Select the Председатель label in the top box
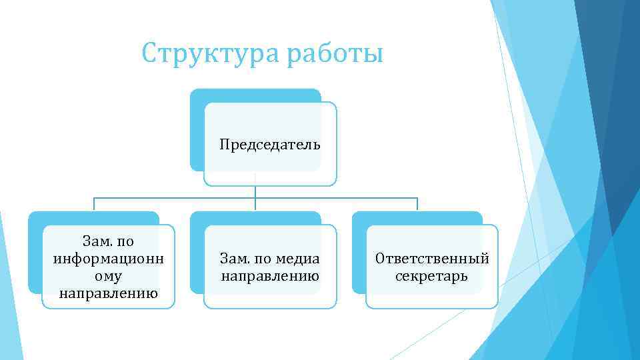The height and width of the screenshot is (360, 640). click(x=270, y=145)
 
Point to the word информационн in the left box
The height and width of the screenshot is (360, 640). click(x=108, y=258)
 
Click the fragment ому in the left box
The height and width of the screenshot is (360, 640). click(x=108, y=275)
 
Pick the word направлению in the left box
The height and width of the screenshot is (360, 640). click(x=108, y=293)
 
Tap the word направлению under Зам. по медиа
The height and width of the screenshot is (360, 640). click(x=270, y=275)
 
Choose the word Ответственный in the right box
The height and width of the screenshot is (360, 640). click(x=432, y=258)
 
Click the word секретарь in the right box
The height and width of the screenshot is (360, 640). click(x=432, y=275)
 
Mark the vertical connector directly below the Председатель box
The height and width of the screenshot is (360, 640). click(x=255, y=191)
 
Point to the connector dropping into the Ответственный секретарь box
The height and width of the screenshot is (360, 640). click(x=417, y=204)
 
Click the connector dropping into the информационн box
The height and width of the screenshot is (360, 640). click(x=93, y=204)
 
